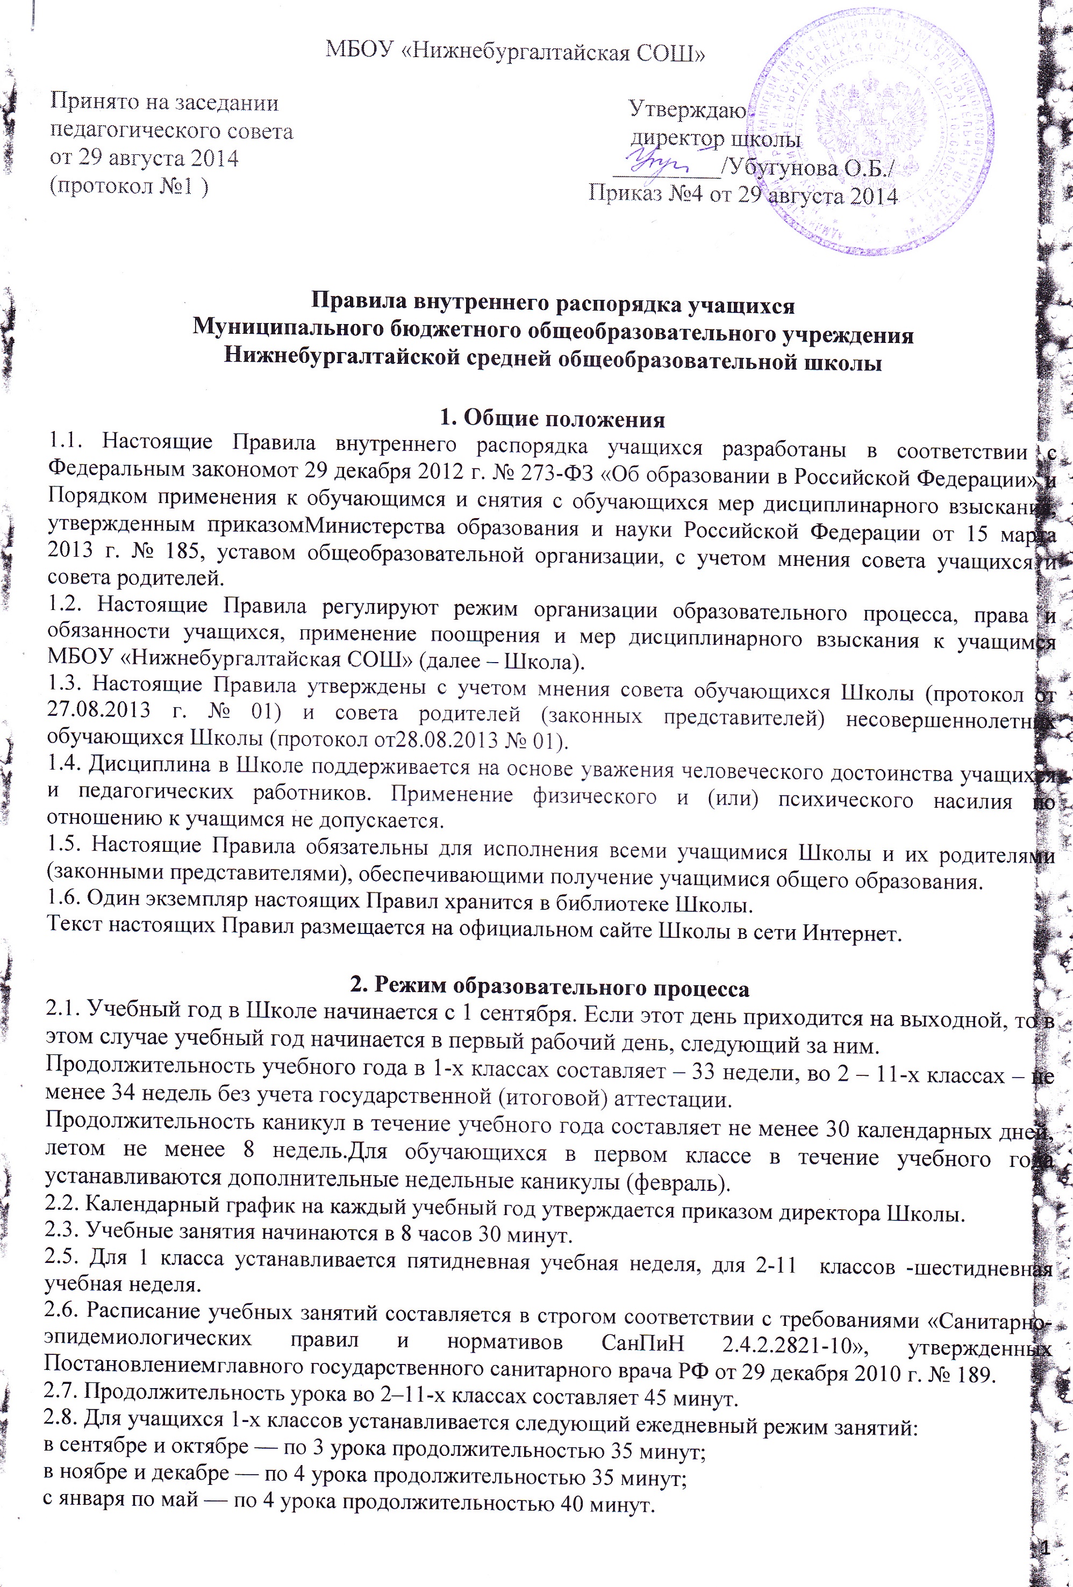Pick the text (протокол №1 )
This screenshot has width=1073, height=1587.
click(130, 186)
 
